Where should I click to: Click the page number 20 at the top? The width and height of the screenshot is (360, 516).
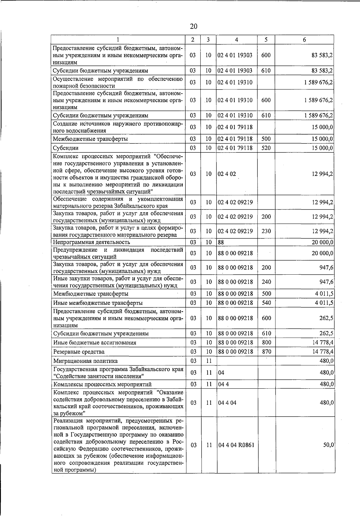pyautogui.click(x=193, y=26)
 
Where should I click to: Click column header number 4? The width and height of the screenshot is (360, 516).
pyautogui.click(x=237, y=40)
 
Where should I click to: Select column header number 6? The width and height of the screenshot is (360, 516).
pyautogui.click(x=304, y=40)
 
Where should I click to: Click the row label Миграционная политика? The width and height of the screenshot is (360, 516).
pyautogui.click(x=85, y=361)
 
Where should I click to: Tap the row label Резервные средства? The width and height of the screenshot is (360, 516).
pyautogui.click(x=79, y=352)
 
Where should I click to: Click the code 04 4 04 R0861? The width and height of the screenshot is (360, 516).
pyautogui.click(x=236, y=445)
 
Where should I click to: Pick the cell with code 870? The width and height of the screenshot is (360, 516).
pyautogui.click(x=266, y=352)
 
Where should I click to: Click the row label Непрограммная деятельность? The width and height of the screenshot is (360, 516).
pyautogui.click(x=91, y=242)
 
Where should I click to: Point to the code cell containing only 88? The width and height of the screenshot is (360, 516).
pyautogui.click(x=221, y=242)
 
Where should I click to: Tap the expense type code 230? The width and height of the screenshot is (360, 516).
pyautogui.click(x=266, y=231)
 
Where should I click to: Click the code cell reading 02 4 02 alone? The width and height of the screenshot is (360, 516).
pyautogui.click(x=227, y=174)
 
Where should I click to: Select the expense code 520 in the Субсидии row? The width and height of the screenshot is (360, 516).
pyautogui.click(x=266, y=148)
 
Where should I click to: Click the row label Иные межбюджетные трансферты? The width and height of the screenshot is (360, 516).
pyautogui.click(x=98, y=303)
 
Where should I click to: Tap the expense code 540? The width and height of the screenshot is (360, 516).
pyautogui.click(x=266, y=303)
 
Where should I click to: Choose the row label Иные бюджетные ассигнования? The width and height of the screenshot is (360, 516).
pyautogui.click(x=94, y=342)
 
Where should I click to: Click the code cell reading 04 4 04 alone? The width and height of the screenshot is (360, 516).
pyautogui.click(x=227, y=403)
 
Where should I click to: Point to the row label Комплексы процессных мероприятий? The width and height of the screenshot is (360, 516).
pyautogui.click(x=102, y=384)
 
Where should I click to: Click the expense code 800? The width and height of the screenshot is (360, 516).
pyautogui.click(x=266, y=342)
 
